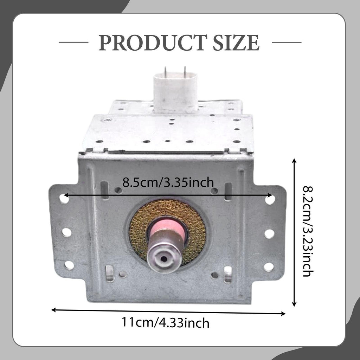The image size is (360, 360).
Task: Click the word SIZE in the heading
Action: coord(236,43)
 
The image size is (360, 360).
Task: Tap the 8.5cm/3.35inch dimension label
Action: coord(168,182)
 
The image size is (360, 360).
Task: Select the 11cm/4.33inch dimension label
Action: coord(165,322)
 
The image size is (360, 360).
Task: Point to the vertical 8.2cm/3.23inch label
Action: coord(307,231)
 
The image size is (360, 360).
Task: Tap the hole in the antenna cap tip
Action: coord(164,259)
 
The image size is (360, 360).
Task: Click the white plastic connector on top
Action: coord(175,92)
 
